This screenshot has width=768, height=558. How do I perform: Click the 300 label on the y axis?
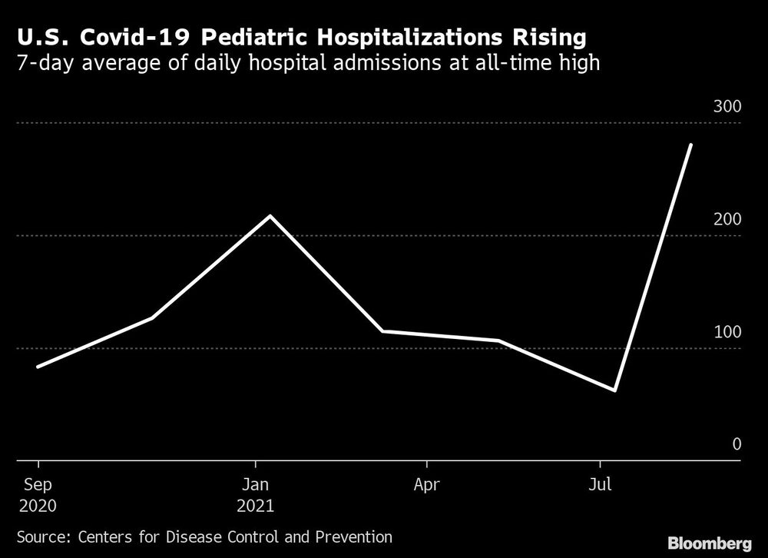pos(727,107)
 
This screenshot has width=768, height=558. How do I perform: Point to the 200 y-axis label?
pos(727,220)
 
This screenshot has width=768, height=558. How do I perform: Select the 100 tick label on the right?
pos(727,332)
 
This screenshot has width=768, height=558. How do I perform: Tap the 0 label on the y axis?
pos(737,444)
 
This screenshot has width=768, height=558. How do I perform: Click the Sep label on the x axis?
pos(38,485)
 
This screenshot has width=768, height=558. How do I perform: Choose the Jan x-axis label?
pos(255,485)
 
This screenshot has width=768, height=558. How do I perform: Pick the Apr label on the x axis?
pos(426,485)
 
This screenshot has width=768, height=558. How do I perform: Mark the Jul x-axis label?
pos(601,485)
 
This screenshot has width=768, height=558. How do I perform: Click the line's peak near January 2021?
pos(269,216)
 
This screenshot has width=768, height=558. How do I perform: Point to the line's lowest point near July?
pos(614,390)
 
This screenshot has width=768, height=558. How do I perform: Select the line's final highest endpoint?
pos(691,144)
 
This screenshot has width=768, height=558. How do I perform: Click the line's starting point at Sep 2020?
pos(38,367)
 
